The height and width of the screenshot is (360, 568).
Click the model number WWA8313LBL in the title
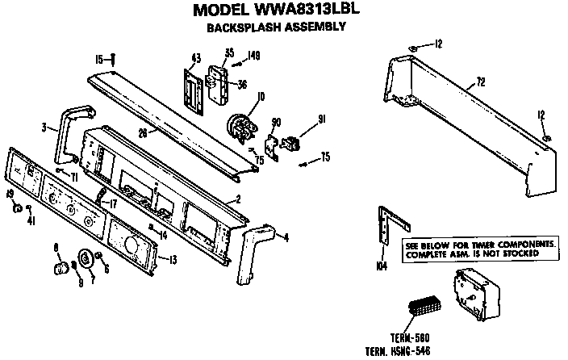pyautogui.click(x=303, y=10)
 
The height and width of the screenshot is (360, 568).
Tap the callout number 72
pyautogui.click(x=480, y=82)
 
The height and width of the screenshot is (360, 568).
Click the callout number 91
pyautogui.click(x=322, y=119)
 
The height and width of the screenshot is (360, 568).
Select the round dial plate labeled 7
pyautogui.click(x=83, y=262)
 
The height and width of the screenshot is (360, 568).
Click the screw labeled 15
pyautogui.click(x=113, y=60)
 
